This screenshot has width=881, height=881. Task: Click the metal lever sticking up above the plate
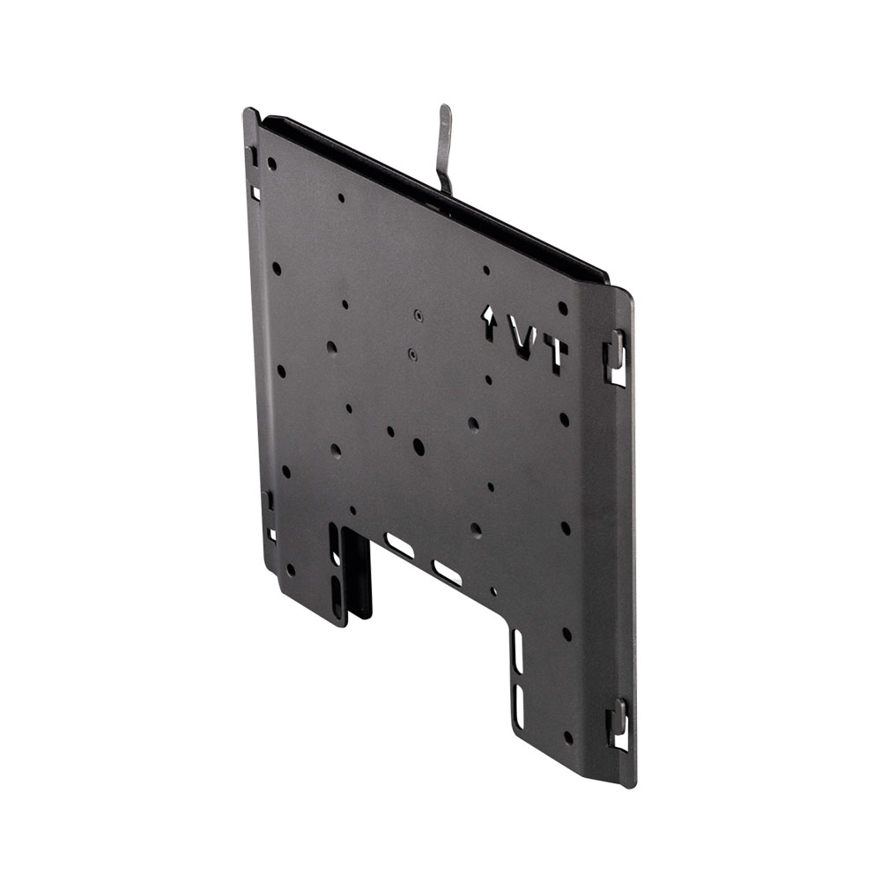(x=446, y=145)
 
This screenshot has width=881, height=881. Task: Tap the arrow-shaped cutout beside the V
(x=489, y=323)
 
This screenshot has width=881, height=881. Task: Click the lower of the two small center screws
(x=412, y=354)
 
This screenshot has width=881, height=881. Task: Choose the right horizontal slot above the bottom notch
(x=448, y=574)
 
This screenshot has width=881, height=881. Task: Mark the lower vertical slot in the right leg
(x=518, y=707)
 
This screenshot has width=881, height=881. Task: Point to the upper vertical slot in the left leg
(x=336, y=546)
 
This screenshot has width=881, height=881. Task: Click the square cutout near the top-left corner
(x=255, y=192)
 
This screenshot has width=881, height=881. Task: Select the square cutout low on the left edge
(x=271, y=534)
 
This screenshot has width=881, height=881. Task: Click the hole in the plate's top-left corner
(x=271, y=164)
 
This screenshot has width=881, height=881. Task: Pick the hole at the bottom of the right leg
(x=566, y=737)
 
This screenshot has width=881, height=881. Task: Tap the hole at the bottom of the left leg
(x=290, y=569)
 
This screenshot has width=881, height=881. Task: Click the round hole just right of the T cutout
(x=563, y=308)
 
